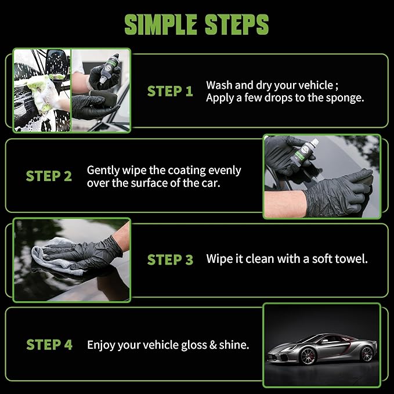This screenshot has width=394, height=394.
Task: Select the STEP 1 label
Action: (x=170, y=91)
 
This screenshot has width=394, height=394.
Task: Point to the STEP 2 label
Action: (x=49, y=176)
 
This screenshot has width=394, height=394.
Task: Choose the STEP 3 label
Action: (x=170, y=259)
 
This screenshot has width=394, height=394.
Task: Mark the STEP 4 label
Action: (x=49, y=345)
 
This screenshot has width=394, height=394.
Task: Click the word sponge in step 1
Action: (x=346, y=98)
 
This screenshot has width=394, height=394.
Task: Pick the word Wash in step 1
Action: (x=219, y=85)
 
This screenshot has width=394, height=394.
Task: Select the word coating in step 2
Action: (x=178, y=171)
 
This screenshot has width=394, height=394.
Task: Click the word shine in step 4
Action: (x=234, y=345)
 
